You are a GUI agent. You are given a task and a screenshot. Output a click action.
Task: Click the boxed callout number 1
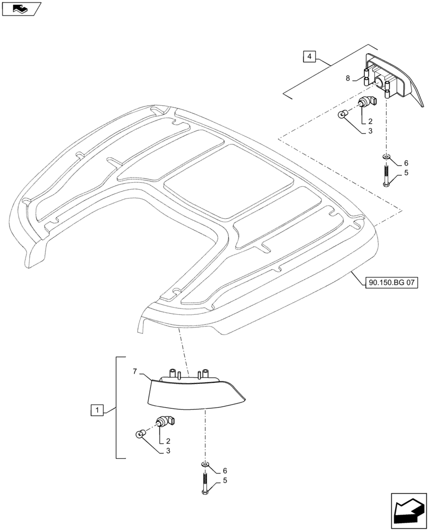(x=97, y=410)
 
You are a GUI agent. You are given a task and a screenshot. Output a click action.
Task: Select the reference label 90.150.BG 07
(x=391, y=283)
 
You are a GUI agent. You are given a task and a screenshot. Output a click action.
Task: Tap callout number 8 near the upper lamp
(x=348, y=79)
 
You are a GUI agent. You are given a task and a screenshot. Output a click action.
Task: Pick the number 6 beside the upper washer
(x=406, y=163)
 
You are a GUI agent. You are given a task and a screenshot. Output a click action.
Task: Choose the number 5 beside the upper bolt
(x=406, y=173)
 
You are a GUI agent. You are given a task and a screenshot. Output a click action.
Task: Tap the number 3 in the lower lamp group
(x=168, y=451)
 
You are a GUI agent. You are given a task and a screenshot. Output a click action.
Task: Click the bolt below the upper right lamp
(x=386, y=175)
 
